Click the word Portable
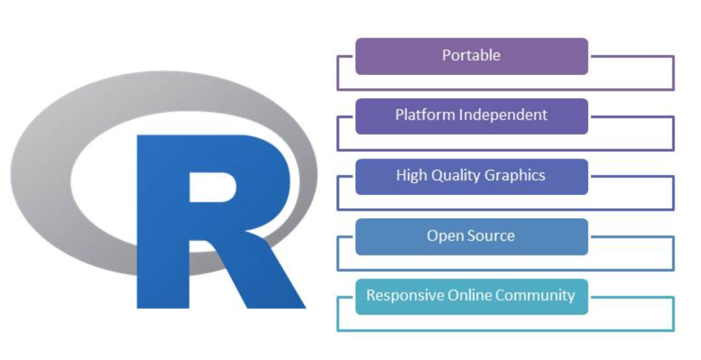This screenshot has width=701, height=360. pos(471,55)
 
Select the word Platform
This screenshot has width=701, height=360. pos(425,115)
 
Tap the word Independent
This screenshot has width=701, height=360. pos(503,115)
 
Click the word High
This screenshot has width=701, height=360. pos(411,175)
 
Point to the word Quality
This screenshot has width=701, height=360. pos(454,175)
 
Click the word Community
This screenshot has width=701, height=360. pos(535,295)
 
